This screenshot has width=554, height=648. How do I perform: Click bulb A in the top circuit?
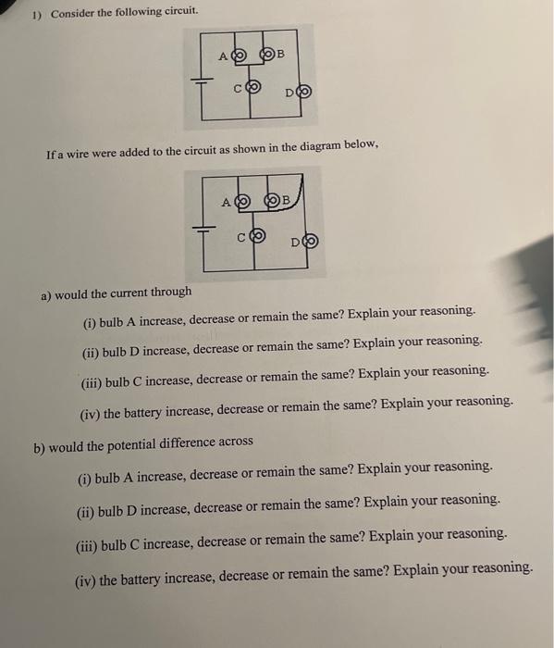pyautogui.click(x=238, y=56)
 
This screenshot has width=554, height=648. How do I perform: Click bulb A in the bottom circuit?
pyautogui.click(x=242, y=200)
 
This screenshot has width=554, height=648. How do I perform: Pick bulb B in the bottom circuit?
pyautogui.click(x=273, y=200)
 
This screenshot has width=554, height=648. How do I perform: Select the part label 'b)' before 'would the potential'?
pyautogui.click(x=40, y=448)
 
